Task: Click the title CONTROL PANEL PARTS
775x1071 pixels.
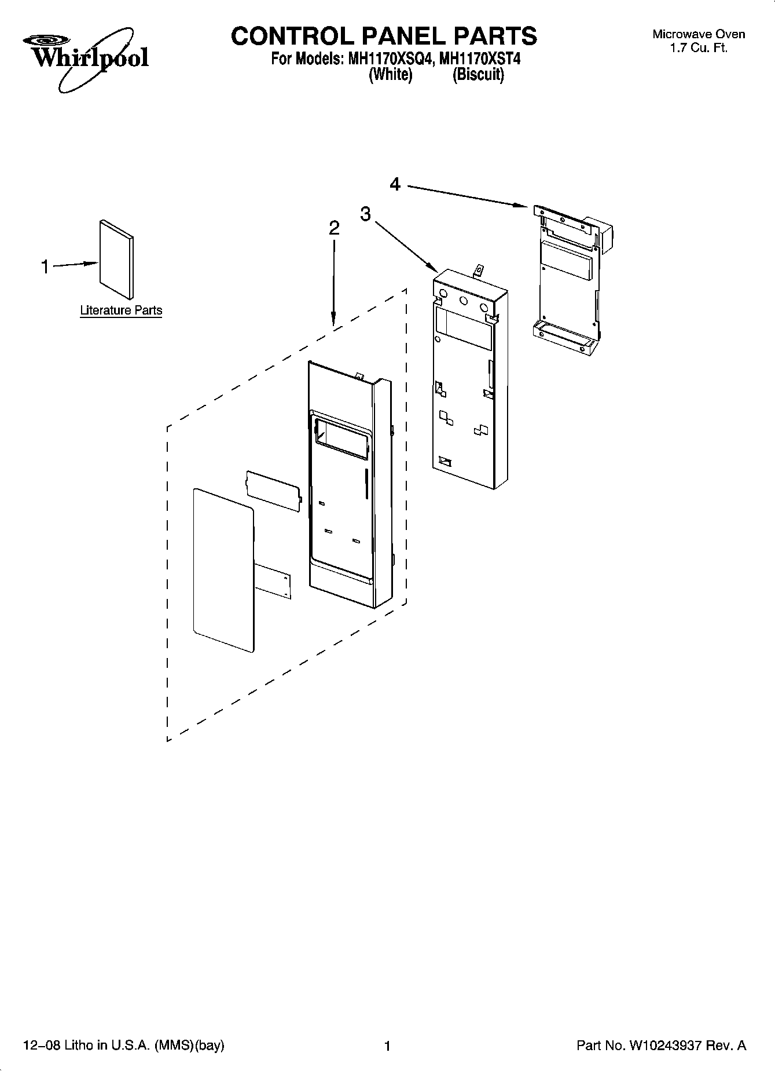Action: [384, 36]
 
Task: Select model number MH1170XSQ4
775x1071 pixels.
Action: [389, 59]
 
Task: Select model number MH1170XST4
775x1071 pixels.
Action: [480, 59]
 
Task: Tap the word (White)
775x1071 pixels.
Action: [390, 75]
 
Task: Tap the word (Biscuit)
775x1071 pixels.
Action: [478, 75]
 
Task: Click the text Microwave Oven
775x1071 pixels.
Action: [699, 34]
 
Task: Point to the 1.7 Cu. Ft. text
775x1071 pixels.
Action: [699, 48]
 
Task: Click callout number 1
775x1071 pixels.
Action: [45, 267]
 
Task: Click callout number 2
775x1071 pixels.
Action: [334, 228]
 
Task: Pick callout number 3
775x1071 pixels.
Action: [365, 214]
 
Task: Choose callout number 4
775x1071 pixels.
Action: [395, 184]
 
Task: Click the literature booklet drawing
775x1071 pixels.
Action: [116, 258]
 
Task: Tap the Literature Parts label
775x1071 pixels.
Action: [121, 310]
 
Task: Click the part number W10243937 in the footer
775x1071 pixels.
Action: [668, 1046]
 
